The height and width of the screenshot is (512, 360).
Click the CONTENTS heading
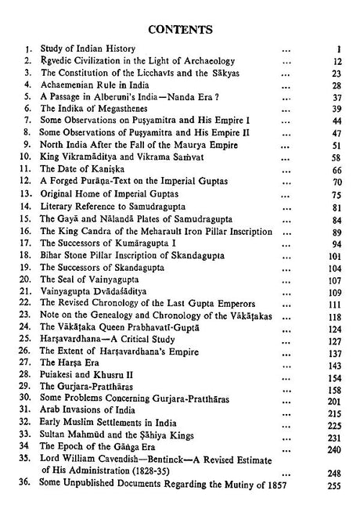[181, 31]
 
